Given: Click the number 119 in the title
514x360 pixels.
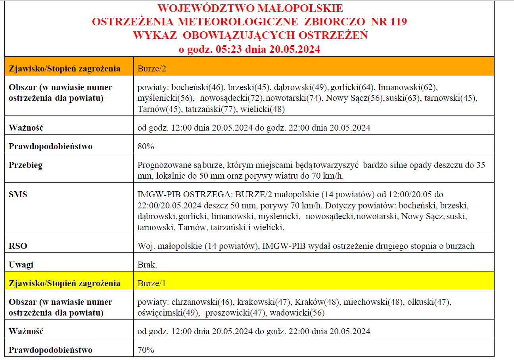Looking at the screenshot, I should [x=398, y=21].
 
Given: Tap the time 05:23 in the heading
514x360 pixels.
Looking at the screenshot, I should [x=230, y=49].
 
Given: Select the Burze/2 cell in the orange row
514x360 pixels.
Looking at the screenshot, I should [x=152, y=68].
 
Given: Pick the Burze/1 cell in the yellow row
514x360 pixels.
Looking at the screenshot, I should [x=152, y=283].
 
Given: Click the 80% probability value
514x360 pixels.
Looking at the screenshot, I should [x=146, y=146].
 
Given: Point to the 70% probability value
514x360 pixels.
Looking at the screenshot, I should [x=146, y=350].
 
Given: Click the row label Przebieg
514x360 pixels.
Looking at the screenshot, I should [x=25, y=165].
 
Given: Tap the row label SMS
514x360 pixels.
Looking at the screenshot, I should [x=18, y=194].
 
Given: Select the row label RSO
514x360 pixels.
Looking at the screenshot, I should [x=18, y=246].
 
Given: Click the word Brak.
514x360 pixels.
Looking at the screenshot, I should [x=147, y=265].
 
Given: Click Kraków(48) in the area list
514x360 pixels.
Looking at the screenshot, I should [x=317, y=302].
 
